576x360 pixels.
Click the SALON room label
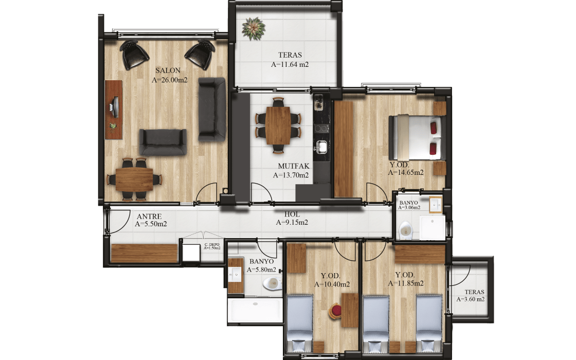[x=168, y=70]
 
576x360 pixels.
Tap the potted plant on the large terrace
[x=253, y=29]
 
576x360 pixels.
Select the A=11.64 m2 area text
[x=290, y=65]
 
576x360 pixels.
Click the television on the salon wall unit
[x=114, y=107]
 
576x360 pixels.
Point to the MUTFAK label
[x=294, y=167]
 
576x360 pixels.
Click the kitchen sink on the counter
[x=322, y=147]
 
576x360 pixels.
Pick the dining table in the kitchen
[x=278, y=125]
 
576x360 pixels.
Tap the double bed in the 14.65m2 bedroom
[x=417, y=137]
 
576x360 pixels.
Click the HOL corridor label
[x=292, y=214]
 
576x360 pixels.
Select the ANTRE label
[x=149, y=217]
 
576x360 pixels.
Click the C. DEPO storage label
[x=212, y=244]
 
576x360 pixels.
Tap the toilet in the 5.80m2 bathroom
[x=272, y=283]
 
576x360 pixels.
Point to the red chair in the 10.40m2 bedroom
[x=336, y=311]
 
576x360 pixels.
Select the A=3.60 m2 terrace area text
[x=471, y=299]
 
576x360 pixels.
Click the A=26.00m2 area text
[x=170, y=80]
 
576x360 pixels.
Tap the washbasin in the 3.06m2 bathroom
[x=436, y=205]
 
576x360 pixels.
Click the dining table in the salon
[x=134, y=179]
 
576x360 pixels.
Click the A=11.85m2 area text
[x=406, y=283]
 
